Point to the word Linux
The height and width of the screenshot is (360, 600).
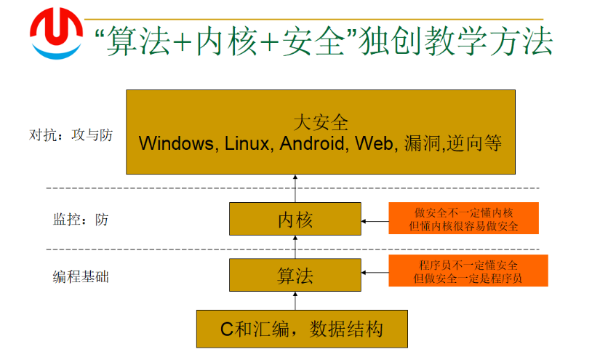[247, 143]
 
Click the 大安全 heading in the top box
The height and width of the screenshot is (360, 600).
[321, 121]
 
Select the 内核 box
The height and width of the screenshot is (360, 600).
[295, 220]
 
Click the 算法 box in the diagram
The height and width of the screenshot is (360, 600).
[295, 276]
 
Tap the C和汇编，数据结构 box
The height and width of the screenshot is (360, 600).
[302, 329]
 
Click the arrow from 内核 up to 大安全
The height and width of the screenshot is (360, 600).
[295, 189]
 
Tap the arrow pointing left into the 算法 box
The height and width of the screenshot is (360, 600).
[375, 273]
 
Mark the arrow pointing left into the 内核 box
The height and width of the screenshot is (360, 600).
[375, 220]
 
